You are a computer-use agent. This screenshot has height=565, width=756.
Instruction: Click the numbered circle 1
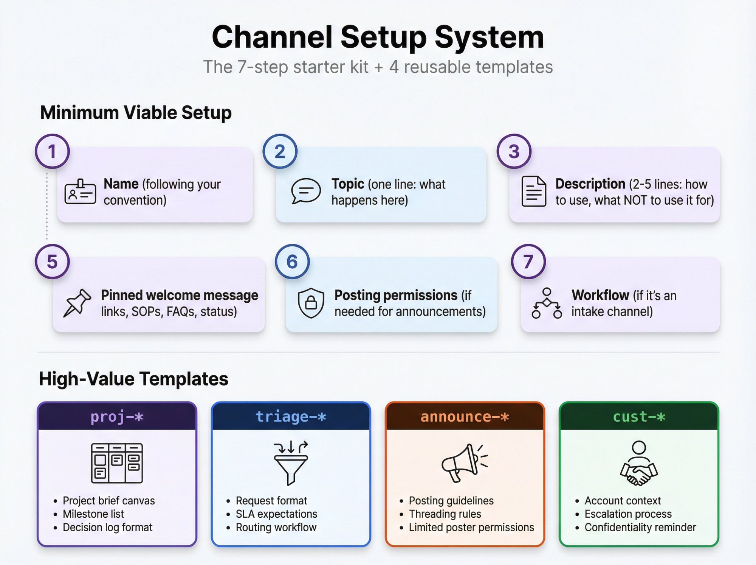click(x=52, y=151)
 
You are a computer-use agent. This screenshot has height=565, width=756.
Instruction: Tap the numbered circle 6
click(x=292, y=261)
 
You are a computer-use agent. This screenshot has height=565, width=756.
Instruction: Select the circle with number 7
click(x=528, y=261)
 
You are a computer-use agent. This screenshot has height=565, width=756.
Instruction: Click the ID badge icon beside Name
click(x=80, y=192)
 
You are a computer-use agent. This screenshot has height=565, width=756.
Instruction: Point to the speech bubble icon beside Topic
click(x=306, y=191)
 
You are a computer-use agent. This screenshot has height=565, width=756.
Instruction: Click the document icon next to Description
click(x=533, y=191)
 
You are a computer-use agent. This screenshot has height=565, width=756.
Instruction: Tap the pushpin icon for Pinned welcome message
click(x=77, y=303)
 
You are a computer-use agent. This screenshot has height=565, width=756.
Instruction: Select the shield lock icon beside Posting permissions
click(x=311, y=303)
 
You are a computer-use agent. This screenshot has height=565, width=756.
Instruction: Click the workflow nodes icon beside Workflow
click(x=547, y=303)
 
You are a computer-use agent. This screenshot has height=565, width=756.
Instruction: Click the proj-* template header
click(x=117, y=417)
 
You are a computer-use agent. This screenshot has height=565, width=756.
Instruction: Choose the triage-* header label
click(x=291, y=417)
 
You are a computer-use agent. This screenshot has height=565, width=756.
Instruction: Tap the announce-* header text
click(x=465, y=417)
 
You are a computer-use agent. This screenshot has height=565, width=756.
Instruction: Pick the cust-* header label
click(x=638, y=417)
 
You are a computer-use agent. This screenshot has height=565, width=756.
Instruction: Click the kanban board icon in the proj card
click(x=117, y=463)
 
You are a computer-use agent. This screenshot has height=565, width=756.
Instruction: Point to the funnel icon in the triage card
click(x=291, y=463)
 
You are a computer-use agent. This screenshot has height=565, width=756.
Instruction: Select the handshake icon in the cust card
click(x=639, y=464)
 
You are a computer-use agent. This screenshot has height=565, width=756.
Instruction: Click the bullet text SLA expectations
click(x=276, y=514)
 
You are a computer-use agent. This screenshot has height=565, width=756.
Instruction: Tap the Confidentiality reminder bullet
click(x=640, y=527)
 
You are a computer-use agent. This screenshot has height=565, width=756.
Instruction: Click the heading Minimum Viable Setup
click(x=136, y=113)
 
